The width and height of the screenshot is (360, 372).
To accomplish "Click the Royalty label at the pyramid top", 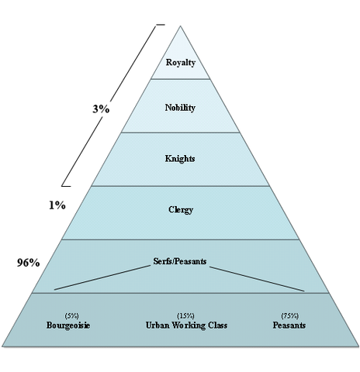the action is (x=181, y=63).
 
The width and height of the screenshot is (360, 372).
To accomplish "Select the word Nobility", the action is (x=180, y=108).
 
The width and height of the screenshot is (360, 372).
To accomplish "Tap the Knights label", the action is (x=180, y=158).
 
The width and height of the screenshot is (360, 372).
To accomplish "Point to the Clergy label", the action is (x=181, y=209).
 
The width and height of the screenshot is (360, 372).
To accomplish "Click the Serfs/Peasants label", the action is (x=180, y=261).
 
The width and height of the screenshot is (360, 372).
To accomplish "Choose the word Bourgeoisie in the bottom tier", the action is (x=68, y=325).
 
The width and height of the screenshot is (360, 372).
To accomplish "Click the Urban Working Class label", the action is (x=186, y=325).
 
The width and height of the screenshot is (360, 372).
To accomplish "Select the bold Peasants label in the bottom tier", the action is (x=289, y=325).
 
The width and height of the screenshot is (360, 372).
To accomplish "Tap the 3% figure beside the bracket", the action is (x=101, y=109).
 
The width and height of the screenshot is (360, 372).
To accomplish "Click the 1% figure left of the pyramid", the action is (x=57, y=205).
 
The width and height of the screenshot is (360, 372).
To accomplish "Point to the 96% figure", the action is (x=29, y=263).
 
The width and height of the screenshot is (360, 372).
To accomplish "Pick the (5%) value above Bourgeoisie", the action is (x=71, y=315).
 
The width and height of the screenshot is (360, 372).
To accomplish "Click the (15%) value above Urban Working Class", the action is (x=185, y=315).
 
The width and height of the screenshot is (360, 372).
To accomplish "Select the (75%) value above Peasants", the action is (x=290, y=315).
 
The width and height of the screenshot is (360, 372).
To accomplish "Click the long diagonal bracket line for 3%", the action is (x=109, y=105).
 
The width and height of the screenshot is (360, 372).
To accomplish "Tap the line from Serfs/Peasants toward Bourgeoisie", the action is (x=102, y=277).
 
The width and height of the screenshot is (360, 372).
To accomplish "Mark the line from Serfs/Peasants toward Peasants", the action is (x=257, y=279).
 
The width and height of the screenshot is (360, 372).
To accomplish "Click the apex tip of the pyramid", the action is (x=180, y=26).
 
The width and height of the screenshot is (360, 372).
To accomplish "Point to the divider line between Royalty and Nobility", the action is (x=180, y=79).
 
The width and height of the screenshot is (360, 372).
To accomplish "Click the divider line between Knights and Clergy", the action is (x=180, y=186).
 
